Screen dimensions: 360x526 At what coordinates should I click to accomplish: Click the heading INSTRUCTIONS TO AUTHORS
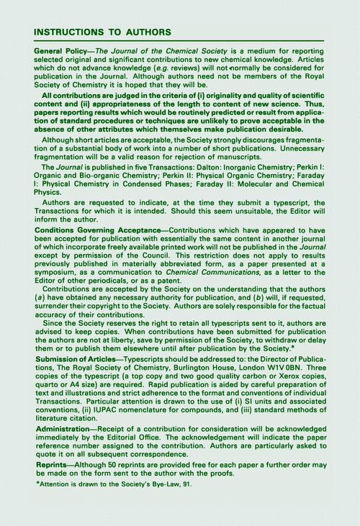(102, 32)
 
